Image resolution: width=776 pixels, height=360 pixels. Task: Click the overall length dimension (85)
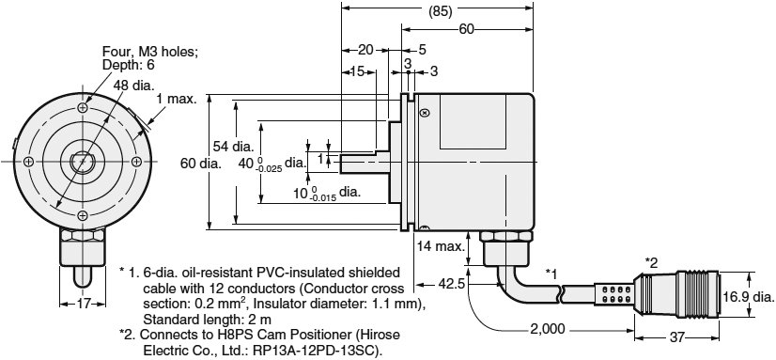(x=438, y=14)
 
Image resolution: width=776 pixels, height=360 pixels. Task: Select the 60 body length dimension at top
(x=466, y=30)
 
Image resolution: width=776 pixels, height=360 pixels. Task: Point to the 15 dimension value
(x=358, y=71)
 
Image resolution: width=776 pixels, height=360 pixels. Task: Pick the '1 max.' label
(x=176, y=101)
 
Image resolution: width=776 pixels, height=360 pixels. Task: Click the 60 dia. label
(x=200, y=163)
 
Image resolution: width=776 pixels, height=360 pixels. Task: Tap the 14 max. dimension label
(x=440, y=246)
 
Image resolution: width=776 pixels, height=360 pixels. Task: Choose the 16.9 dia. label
(x=748, y=298)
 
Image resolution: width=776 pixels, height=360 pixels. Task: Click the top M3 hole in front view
(x=84, y=110)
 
